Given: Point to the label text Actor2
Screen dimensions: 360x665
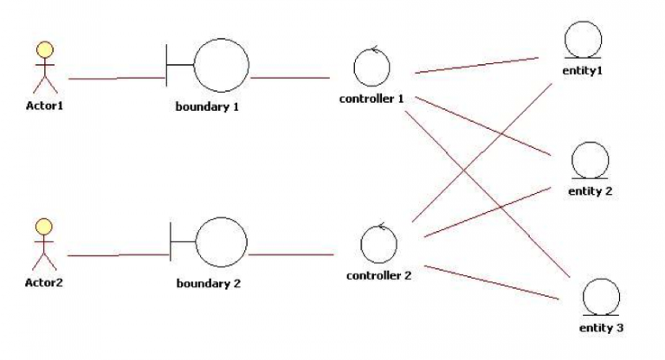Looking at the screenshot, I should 43,282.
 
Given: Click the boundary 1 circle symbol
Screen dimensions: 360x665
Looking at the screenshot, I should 221,65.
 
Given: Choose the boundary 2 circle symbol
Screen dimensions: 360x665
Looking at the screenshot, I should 222,241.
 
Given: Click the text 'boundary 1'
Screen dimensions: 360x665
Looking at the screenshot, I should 207,107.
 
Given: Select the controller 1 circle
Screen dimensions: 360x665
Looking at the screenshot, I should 372,67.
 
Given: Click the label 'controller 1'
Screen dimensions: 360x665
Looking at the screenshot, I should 372,99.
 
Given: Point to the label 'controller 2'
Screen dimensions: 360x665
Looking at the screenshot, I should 378,276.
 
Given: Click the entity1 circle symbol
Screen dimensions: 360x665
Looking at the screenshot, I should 582,40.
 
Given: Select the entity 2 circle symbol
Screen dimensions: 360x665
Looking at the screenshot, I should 591,160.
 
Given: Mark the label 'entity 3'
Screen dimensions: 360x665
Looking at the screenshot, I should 600,328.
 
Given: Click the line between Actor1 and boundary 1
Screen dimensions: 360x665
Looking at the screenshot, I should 117,78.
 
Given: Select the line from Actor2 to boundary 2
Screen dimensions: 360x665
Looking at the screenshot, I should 117,255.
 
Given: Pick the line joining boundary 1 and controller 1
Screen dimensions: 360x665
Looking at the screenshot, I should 290,78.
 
